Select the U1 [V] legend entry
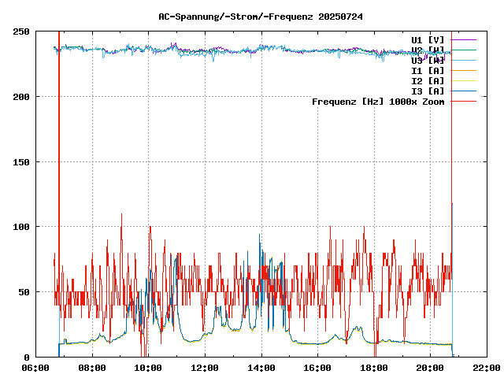[428, 39]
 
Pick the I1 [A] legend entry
[428, 70]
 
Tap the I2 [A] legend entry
[428, 80]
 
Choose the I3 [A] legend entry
[428, 91]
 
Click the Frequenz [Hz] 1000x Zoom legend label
[378, 101]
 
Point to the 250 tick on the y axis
[21, 31]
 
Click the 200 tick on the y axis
[21, 97]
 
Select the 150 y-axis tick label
[21, 161]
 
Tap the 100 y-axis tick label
[21, 227]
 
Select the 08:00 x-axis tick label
[92, 368]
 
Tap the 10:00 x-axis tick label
[149, 368]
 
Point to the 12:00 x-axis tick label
[205, 368]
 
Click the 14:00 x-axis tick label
[261, 368]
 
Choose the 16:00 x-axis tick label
[317, 368]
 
